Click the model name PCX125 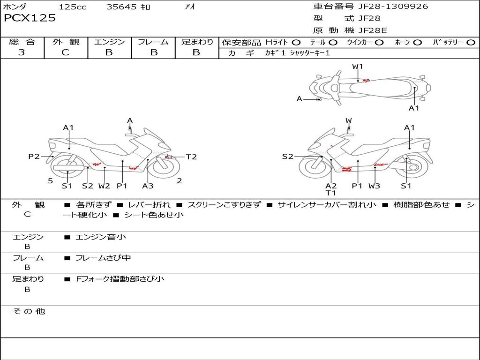[30, 18]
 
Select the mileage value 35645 [121, 7]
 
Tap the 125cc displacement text [73, 7]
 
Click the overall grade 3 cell [22, 52]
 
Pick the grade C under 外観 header [66, 52]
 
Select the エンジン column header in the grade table [109, 42]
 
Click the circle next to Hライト [296, 43]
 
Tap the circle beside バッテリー [471, 43]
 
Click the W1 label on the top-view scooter [358, 67]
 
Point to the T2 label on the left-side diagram [191, 157]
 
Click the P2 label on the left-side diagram [34, 157]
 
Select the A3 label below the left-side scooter [148, 186]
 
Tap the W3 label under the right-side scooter [374, 186]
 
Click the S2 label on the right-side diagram [287, 157]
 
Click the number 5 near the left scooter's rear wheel [50, 181]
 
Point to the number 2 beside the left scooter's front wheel [179, 181]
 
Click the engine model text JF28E [373, 30]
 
